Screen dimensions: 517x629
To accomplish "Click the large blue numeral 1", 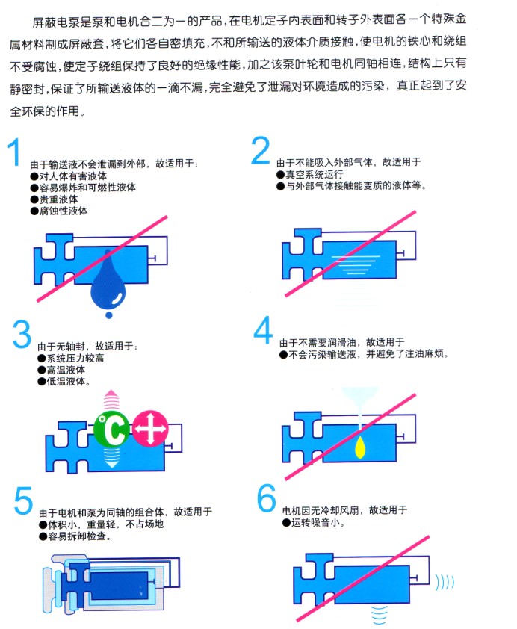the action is (x=15, y=152).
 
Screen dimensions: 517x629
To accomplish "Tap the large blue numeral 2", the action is (x=260, y=150).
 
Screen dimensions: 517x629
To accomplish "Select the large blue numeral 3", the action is (x=22, y=334).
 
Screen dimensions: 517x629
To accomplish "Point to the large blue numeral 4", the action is (x=263, y=329).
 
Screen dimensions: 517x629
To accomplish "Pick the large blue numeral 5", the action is (x=23, y=501).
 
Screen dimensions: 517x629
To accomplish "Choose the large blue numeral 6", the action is (x=266, y=498).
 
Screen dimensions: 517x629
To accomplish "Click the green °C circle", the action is (x=112, y=430).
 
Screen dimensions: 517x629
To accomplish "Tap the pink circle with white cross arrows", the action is (x=150, y=429).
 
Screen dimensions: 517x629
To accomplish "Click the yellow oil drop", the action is (x=360, y=447).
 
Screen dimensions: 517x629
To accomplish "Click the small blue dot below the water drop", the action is (x=108, y=315).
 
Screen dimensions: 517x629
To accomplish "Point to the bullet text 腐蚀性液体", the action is (x=59, y=211).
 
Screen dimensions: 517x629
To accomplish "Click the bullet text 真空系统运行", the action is (x=309, y=175).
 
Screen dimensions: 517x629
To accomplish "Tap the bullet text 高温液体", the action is (x=61, y=370).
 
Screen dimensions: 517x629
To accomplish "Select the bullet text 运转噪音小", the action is (x=313, y=523).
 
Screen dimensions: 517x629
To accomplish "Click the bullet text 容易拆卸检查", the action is (x=75, y=536).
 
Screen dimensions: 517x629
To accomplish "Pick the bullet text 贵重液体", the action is (x=54, y=199).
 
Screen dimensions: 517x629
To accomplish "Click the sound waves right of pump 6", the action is (x=445, y=583).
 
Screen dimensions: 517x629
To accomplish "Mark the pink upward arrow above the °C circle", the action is (x=111, y=400).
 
